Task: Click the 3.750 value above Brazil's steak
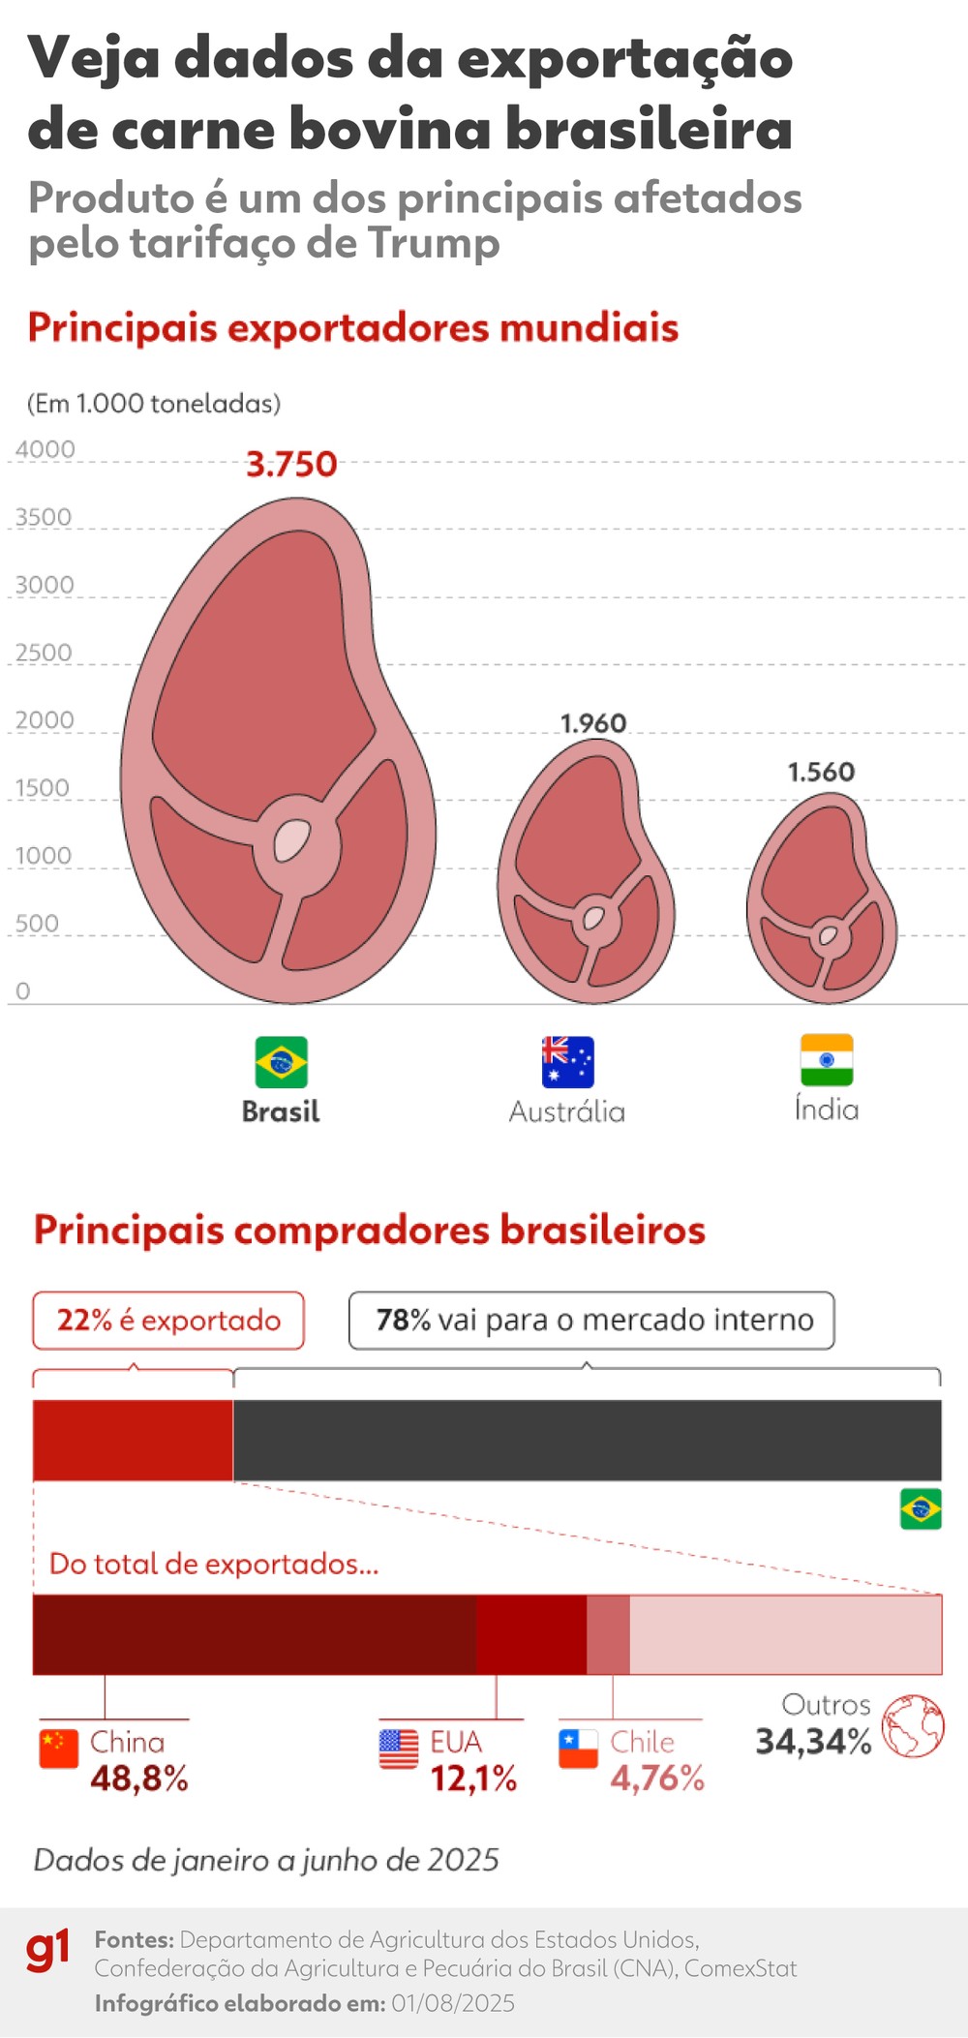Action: tap(291, 465)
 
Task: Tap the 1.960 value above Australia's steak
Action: tap(593, 723)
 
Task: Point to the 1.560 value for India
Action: tap(821, 772)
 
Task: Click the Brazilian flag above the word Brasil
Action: tap(282, 1062)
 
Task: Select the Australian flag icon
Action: tap(567, 1062)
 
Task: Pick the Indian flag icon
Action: tap(827, 1060)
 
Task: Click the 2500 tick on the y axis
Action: tap(44, 653)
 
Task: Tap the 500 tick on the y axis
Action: tap(37, 924)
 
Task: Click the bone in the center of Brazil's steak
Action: tap(291, 839)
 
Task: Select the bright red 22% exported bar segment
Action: tap(133, 1440)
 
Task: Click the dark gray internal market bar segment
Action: tap(587, 1440)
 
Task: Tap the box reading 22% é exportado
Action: tap(168, 1321)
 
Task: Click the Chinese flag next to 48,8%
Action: tap(59, 1749)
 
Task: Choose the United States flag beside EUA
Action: tap(399, 1749)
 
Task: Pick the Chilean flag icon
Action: tap(578, 1749)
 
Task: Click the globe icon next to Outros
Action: tap(913, 1726)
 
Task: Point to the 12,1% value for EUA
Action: tap(473, 1779)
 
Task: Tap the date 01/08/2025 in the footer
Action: tap(453, 2003)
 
